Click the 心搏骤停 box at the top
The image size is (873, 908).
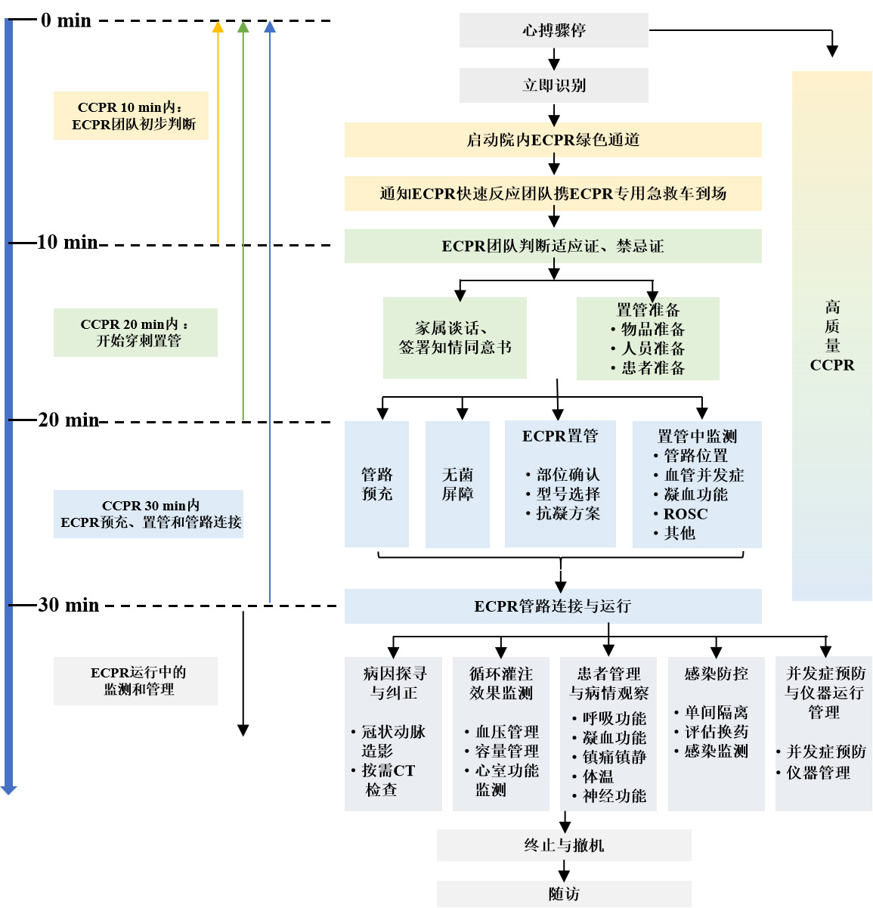pyautogui.click(x=553, y=30)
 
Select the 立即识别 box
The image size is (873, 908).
pyautogui.click(x=553, y=85)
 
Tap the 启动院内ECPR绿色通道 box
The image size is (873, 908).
pyautogui.click(x=553, y=140)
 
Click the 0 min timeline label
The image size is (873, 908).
pyautogui.click(x=66, y=20)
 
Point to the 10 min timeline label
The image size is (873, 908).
pyautogui.click(x=67, y=243)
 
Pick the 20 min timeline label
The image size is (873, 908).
pyautogui.click(x=68, y=420)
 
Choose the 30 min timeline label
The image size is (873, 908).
pyautogui.click(x=68, y=605)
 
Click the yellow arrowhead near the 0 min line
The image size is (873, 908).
pyautogui.click(x=218, y=27)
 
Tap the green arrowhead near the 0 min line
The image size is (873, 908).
pyautogui.click(x=243, y=27)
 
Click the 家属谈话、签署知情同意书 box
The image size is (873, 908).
pyautogui.click(x=454, y=338)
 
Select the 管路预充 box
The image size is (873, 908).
pyautogui.click(x=376, y=484)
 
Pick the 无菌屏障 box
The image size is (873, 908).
pyautogui.click(x=457, y=484)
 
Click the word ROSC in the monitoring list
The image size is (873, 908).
pyautogui.click(x=686, y=514)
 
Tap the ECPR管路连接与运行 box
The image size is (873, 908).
pyautogui.click(x=553, y=606)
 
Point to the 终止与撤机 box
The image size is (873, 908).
pyautogui.click(x=564, y=845)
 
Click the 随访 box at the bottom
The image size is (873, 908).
pyautogui.click(x=564, y=894)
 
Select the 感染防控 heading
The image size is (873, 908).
pyautogui.click(x=716, y=674)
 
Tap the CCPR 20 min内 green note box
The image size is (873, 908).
pyautogui.click(x=135, y=333)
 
